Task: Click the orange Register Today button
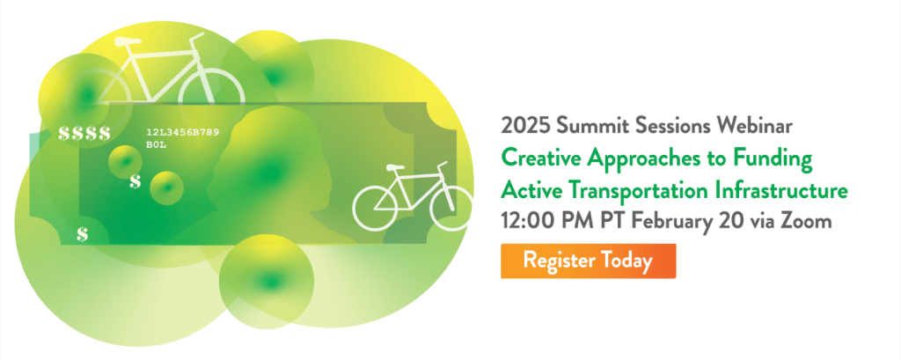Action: pos(588,261)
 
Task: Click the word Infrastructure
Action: pos(782,189)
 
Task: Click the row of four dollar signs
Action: pos(84,134)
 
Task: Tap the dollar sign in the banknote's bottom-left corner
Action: pos(82,234)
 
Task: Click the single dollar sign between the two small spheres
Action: pos(135,181)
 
